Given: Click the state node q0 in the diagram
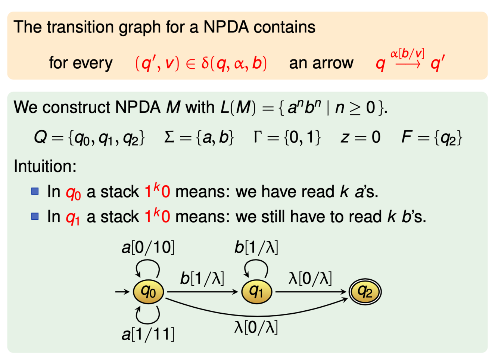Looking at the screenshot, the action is [x=149, y=291].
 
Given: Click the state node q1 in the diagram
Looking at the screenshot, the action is [x=256, y=291].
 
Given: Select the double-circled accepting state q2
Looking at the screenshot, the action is [x=365, y=291].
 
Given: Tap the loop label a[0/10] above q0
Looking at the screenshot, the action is [x=148, y=247].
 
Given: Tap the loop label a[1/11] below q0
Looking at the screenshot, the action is [x=148, y=334].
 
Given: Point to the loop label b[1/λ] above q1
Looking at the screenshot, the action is [x=256, y=247].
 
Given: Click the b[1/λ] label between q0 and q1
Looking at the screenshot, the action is [x=202, y=278].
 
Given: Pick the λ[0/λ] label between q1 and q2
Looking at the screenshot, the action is [x=310, y=278].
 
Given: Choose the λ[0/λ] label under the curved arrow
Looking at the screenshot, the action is [x=256, y=327].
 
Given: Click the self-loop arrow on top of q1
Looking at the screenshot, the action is [x=256, y=266].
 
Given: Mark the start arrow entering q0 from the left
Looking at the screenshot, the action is [x=122, y=291].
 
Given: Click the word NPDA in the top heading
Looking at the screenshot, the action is [x=226, y=27].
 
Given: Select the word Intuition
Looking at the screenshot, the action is [x=45, y=166].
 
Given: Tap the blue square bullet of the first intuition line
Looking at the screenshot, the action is [x=35, y=192].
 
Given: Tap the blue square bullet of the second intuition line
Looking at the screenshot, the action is [x=35, y=216].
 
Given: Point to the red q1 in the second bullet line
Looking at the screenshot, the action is [x=73, y=217].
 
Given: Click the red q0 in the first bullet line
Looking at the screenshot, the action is [x=73, y=193].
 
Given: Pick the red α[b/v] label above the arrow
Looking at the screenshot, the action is [x=407, y=54].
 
